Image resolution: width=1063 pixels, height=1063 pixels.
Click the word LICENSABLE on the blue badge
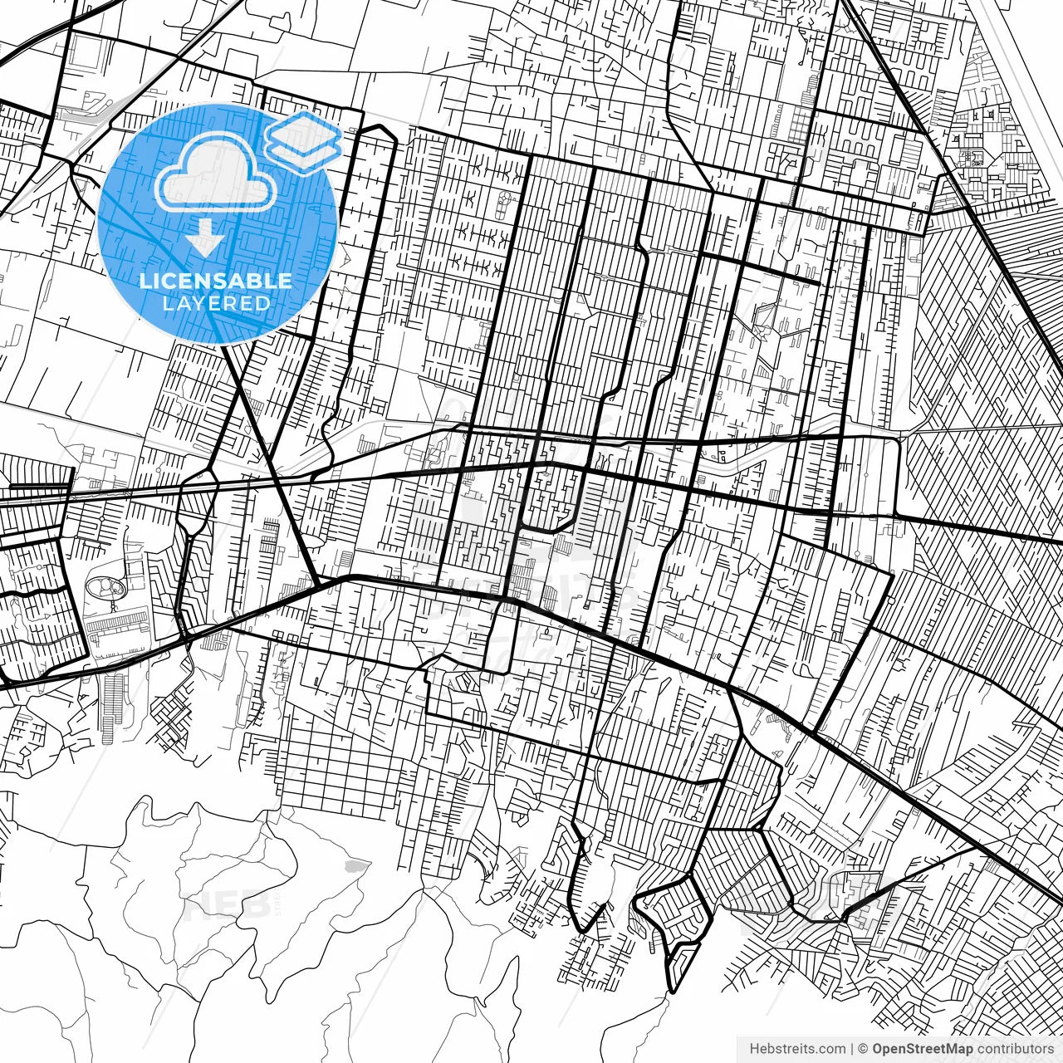click(x=216, y=281)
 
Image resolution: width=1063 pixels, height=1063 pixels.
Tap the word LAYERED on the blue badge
click(x=216, y=303)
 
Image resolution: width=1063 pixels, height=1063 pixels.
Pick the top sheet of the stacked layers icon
click(x=303, y=130)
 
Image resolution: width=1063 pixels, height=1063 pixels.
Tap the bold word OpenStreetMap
click(x=922, y=1049)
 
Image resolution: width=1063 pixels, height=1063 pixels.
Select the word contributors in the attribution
click(x=1014, y=1049)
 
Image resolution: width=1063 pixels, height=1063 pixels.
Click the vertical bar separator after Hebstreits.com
click(x=853, y=1049)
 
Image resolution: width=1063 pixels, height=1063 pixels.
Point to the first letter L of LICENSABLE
click(x=145, y=281)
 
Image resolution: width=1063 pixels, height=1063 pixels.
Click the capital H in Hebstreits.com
click(x=754, y=1049)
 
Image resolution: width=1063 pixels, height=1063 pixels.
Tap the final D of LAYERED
click(x=263, y=303)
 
